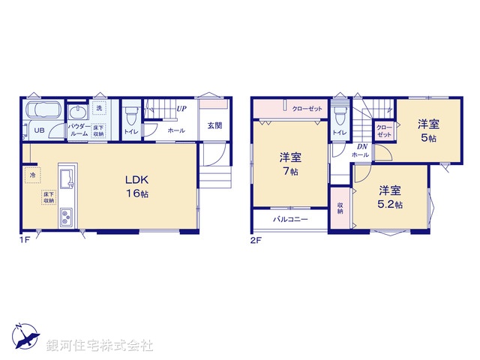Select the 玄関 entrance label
click(x=214, y=126)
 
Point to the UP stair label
click(x=181, y=109)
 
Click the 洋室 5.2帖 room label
click(x=390, y=196)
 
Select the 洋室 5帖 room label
click(x=427, y=130)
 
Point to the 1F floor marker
click(x=25, y=240)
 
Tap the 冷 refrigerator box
click(x=33, y=175)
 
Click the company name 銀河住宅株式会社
click(x=100, y=346)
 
